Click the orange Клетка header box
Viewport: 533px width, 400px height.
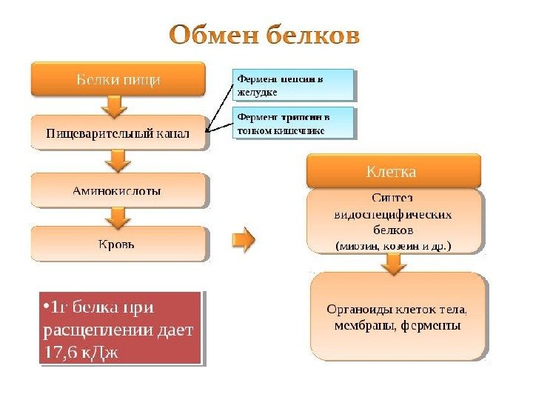click(x=393, y=171)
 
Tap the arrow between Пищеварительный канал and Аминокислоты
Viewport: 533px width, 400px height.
click(x=116, y=161)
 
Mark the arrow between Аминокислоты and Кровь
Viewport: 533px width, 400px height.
click(x=116, y=216)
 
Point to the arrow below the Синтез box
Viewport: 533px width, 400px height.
click(x=394, y=262)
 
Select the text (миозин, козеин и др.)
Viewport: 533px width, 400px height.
click(x=393, y=245)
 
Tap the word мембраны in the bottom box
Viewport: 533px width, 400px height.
click(x=362, y=325)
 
